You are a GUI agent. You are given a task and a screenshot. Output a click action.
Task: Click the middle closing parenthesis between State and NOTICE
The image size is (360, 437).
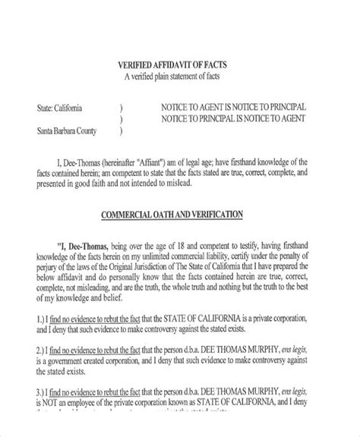122,118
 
